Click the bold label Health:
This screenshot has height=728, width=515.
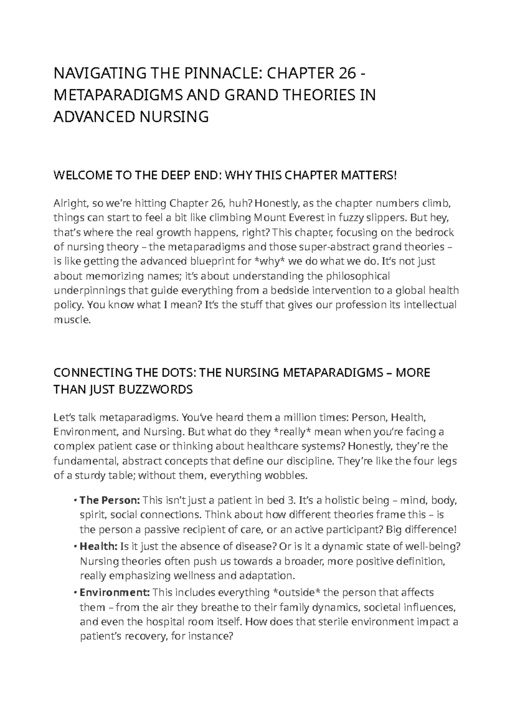(x=98, y=546)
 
